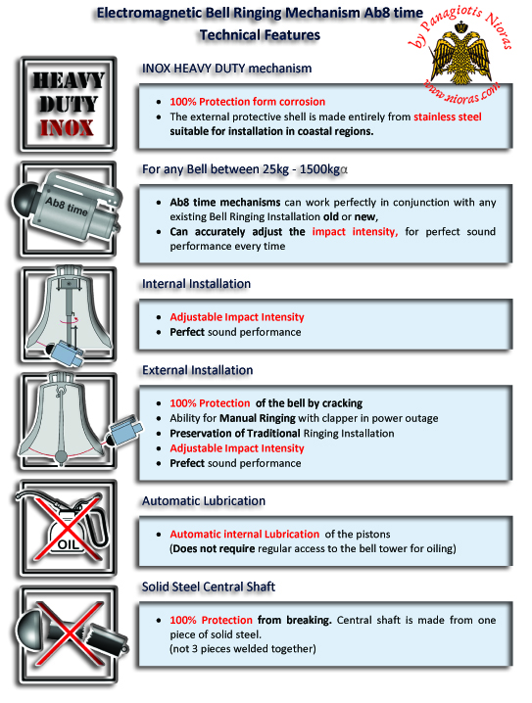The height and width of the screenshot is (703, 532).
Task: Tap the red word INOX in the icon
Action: tap(68, 128)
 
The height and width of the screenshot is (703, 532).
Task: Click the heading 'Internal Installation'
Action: tap(196, 284)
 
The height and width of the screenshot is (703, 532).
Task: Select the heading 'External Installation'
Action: tap(197, 370)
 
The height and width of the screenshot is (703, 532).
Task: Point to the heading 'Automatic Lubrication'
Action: tap(204, 500)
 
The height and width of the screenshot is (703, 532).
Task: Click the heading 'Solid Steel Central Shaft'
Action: tap(209, 586)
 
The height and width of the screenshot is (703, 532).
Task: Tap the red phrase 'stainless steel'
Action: tap(447, 117)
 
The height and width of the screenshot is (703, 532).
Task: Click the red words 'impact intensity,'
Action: tap(355, 232)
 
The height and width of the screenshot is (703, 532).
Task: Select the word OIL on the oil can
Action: tap(68, 544)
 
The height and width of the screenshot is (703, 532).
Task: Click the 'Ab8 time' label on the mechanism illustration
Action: tap(67, 207)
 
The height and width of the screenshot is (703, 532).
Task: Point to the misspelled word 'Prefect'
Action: tap(187, 463)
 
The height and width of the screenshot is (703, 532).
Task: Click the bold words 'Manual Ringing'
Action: tap(257, 418)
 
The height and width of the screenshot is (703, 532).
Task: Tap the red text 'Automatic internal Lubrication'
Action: tap(245, 534)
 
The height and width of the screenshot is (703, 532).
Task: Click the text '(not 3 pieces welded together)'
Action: tap(243, 649)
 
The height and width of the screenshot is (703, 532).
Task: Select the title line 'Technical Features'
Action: tap(261, 35)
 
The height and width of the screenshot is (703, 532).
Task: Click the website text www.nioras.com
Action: tap(462, 91)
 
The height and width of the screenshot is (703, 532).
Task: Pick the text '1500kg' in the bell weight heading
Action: tap(319, 169)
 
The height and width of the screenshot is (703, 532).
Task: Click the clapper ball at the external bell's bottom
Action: tap(62, 457)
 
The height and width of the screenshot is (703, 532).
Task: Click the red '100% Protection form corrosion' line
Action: tap(247, 102)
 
